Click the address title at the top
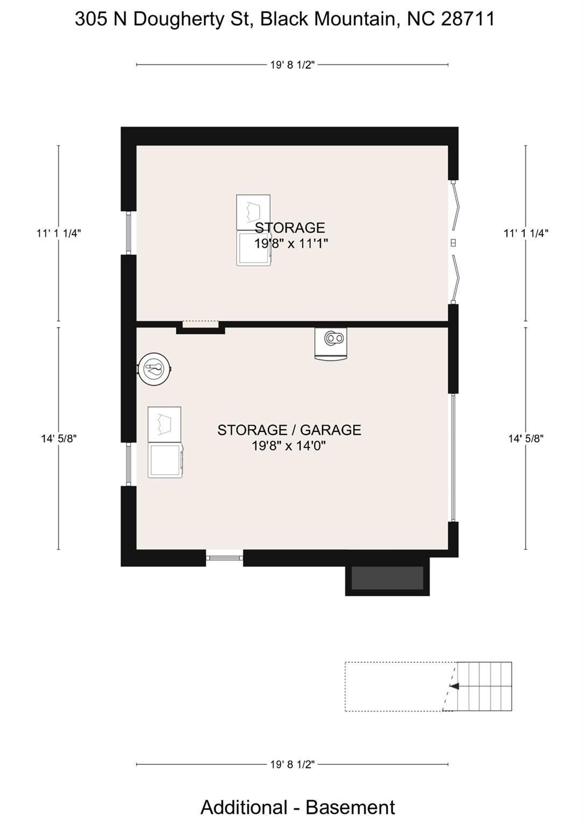pyautogui.click(x=284, y=19)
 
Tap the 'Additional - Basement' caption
pyautogui.click(x=297, y=807)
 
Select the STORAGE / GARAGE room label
pyautogui.click(x=289, y=430)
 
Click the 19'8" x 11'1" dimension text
pyautogui.click(x=291, y=243)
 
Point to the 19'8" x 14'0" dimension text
pyautogui.click(x=289, y=446)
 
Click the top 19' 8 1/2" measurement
pyautogui.click(x=292, y=65)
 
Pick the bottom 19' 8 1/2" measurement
pyautogui.click(x=292, y=764)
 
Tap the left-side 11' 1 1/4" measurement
pyautogui.click(x=59, y=233)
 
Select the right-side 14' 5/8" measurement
pyautogui.click(x=525, y=438)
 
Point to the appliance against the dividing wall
pyautogui.click(x=331, y=343)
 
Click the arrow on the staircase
pyautogui.click(x=454, y=686)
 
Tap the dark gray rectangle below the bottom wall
pyautogui.click(x=387, y=578)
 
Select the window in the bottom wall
pyautogui.click(x=225, y=558)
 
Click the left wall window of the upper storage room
pyautogui.click(x=129, y=233)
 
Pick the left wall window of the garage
pyautogui.click(x=129, y=464)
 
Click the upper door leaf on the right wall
pyautogui.click(x=457, y=205)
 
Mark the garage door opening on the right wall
pyautogui.click(x=453, y=458)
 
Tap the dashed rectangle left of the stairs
pyautogui.click(x=398, y=687)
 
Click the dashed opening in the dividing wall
pyautogui.click(x=201, y=324)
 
